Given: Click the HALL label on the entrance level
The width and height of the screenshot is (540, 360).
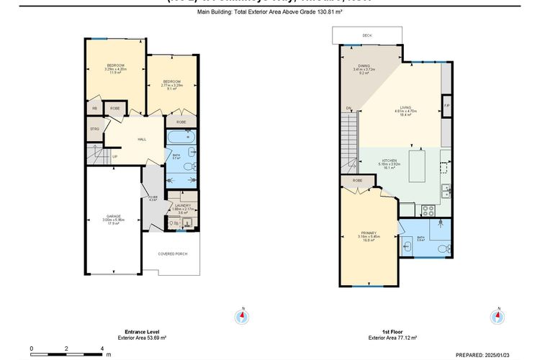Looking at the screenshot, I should (x=142, y=140).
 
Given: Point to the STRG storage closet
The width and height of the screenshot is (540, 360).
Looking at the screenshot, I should (x=94, y=130).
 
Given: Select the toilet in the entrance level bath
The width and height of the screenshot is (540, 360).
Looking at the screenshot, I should (x=188, y=166).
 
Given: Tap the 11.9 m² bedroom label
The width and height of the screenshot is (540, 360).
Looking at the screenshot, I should (x=117, y=68).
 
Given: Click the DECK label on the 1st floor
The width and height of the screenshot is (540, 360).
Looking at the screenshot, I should (x=367, y=34).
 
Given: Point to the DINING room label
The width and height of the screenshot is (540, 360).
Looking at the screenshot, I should (x=364, y=69).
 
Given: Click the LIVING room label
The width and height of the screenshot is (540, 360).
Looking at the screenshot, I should (x=405, y=111).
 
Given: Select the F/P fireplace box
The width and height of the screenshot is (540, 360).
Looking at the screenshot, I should (x=446, y=106).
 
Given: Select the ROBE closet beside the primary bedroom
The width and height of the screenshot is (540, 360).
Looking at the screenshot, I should (x=358, y=181).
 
